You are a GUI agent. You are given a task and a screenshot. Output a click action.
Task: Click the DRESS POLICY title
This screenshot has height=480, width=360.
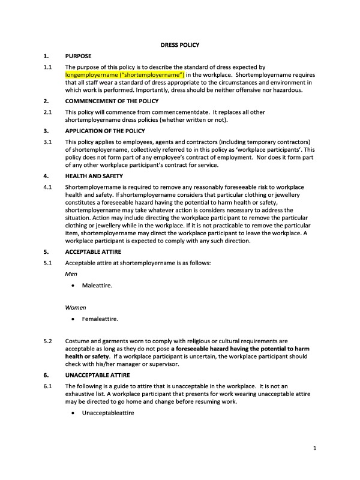[x=179, y=45]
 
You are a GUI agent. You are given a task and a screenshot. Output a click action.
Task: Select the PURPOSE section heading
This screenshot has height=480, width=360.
[x=79, y=56]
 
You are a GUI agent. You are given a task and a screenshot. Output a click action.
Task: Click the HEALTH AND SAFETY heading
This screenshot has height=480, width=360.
[x=94, y=176]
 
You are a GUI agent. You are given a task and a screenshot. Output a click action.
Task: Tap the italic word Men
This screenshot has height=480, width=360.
[x=71, y=274]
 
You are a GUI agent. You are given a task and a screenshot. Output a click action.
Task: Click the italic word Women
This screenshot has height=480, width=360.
[x=76, y=307]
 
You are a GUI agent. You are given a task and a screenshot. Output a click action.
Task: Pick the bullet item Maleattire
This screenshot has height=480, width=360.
[x=97, y=285]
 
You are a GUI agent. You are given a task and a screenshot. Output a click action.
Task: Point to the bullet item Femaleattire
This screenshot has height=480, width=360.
[x=100, y=319]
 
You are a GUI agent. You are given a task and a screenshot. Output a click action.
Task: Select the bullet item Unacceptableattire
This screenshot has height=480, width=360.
[x=108, y=413]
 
